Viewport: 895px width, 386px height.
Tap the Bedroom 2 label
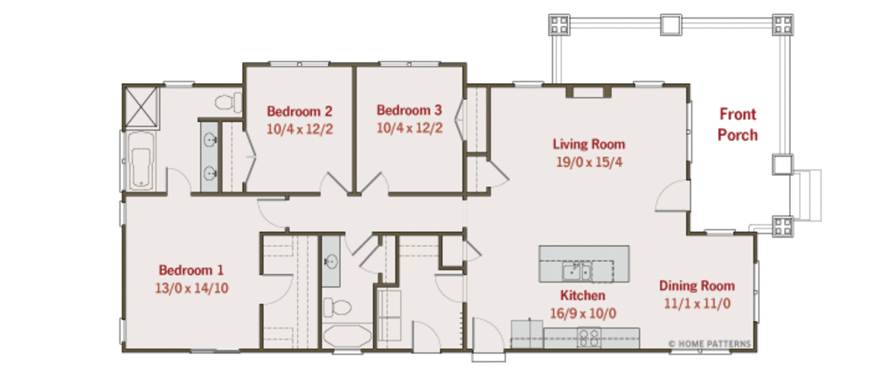299,111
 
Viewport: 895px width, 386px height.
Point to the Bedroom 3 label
409,110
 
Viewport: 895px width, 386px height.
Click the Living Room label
588,144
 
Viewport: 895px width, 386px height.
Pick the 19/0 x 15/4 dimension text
588,161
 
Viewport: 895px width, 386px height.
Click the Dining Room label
697,286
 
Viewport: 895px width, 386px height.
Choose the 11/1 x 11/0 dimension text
697,303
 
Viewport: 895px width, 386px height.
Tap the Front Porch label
738,124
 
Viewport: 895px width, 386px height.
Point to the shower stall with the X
142,105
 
